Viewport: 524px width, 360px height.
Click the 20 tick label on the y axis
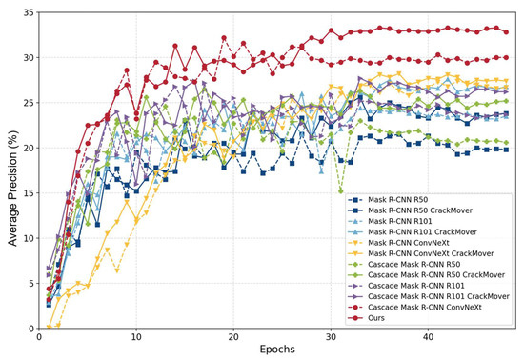[x=25, y=148]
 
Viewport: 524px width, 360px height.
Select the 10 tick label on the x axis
[x=136, y=338]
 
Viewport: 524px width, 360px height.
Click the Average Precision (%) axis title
[x=9, y=171]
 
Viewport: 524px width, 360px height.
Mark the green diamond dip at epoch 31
[x=340, y=191]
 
